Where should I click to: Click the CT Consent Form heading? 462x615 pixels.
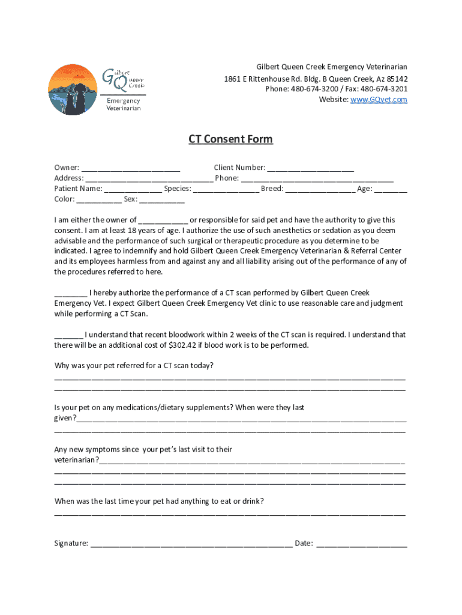(230, 139)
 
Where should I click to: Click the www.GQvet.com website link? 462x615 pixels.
(379, 100)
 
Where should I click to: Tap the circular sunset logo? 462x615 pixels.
(72, 90)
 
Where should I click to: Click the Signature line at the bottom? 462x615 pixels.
(191, 545)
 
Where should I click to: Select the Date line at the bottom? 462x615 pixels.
(361, 545)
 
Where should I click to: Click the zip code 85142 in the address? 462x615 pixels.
(397, 79)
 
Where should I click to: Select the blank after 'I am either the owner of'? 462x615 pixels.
(163, 221)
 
